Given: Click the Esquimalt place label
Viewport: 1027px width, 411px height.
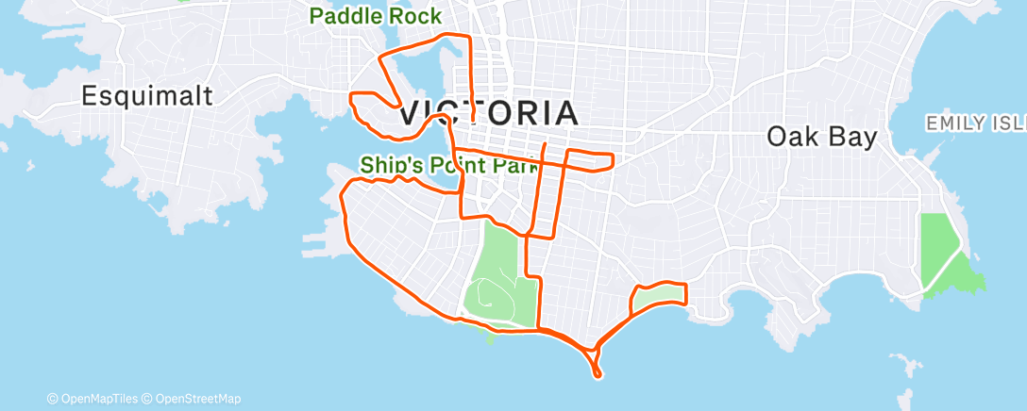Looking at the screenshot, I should click(x=147, y=95).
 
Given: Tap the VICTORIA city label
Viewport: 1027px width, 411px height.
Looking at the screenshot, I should click(x=489, y=113).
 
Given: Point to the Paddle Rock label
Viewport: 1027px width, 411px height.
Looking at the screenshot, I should click(x=376, y=16).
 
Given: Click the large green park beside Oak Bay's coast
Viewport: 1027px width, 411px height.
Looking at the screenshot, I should click(x=944, y=255).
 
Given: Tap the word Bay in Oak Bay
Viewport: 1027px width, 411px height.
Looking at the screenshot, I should click(x=850, y=137).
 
